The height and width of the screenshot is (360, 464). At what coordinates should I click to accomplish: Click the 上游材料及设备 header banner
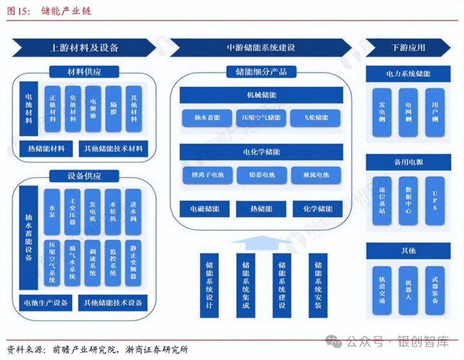pyautogui.click(x=84, y=48)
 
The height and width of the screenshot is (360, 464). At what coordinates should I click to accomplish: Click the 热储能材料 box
pyautogui.click(x=46, y=149)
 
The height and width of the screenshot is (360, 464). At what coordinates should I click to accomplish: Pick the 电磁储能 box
pyautogui.click(x=204, y=209)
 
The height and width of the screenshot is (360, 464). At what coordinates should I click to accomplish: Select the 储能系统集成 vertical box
pyautogui.click(x=246, y=285)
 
